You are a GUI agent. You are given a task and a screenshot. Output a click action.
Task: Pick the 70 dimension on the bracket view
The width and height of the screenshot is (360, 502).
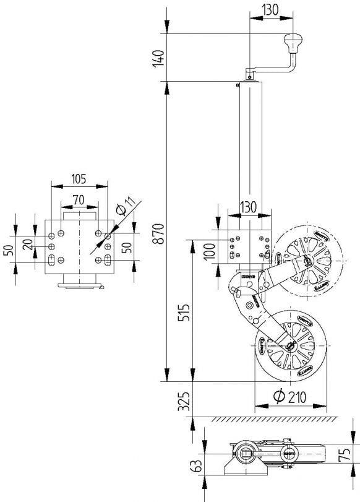(x=79, y=199)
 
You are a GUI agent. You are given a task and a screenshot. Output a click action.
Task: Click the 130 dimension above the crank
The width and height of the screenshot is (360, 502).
(x=269, y=11)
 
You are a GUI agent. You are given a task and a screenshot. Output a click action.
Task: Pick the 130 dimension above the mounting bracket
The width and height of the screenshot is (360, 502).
(x=249, y=207)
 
